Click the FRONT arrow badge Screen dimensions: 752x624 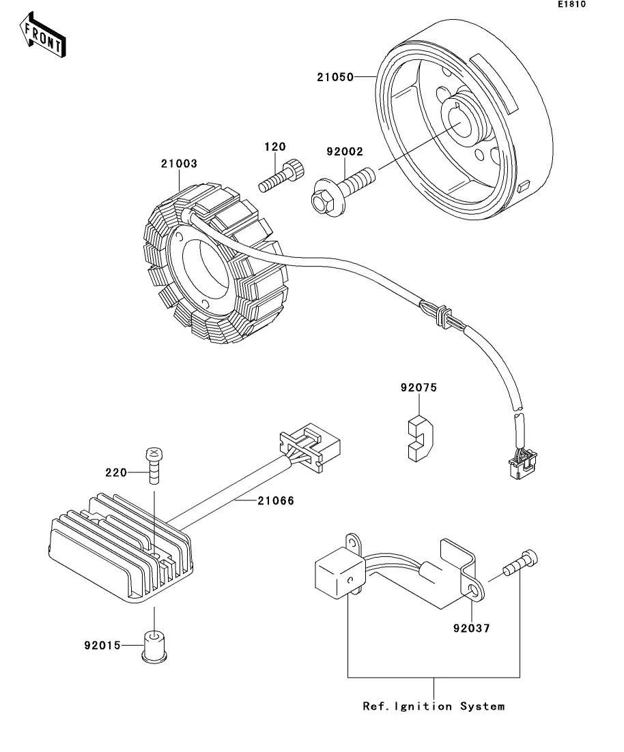[x=43, y=38]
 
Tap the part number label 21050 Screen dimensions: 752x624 [x=335, y=77]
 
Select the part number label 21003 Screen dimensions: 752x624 [x=179, y=164]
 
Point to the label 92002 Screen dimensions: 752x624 [x=345, y=152]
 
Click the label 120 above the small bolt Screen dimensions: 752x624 [x=275, y=147]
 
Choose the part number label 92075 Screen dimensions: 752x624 [x=419, y=388]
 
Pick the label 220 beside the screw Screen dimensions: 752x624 [x=117, y=471]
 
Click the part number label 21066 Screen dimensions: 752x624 [x=276, y=501]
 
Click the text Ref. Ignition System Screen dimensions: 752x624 [x=434, y=706]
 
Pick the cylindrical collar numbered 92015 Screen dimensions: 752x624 [x=154, y=645]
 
